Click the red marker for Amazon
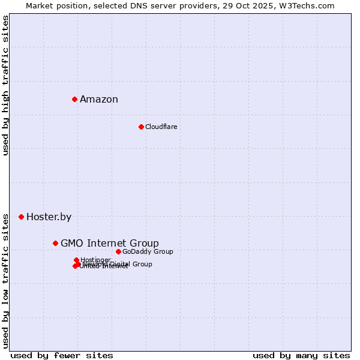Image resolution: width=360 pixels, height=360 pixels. [x=74, y=99]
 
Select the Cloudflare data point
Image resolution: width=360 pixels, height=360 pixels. [x=141, y=127]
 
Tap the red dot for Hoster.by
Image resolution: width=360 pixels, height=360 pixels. [x=21, y=217]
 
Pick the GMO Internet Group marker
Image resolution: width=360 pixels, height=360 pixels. [x=55, y=243]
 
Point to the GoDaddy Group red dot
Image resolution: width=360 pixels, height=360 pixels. [x=118, y=251]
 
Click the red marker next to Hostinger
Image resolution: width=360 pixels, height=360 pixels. [x=76, y=260]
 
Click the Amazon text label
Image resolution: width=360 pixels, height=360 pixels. [x=99, y=100]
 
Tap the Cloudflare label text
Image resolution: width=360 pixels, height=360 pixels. [x=161, y=127]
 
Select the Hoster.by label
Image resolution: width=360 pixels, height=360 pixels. [x=49, y=217]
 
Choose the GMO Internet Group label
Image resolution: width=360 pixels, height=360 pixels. [x=110, y=243]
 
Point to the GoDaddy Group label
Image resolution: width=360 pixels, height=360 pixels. [x=148, y=251]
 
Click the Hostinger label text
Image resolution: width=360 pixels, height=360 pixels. [x=95, y=260]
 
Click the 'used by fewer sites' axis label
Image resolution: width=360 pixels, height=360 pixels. [x=62, y=355]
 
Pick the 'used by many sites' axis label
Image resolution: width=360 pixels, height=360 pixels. [x=301, y=355]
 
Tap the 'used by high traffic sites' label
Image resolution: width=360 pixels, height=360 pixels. [x=5, y=85]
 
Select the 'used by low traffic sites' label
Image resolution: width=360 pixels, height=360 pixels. [x=5, y=280]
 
